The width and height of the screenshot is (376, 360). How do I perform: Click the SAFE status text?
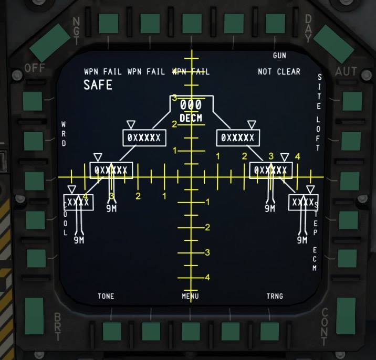98,85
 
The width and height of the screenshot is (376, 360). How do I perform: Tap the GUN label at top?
279,56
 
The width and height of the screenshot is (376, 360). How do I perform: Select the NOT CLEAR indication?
279,72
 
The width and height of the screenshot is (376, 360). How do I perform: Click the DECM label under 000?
191,119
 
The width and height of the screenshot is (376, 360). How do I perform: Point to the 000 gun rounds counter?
191,105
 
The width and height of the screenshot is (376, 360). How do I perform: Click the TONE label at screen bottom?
106,297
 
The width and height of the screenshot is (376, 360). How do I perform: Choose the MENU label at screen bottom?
190,297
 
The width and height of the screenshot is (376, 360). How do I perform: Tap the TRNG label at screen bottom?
275,297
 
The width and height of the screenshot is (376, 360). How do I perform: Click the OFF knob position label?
35,68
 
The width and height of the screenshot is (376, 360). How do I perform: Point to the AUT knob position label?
346,71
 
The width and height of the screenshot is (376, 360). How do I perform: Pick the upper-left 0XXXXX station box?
144,138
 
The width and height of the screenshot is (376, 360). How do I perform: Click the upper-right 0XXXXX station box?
238,138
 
